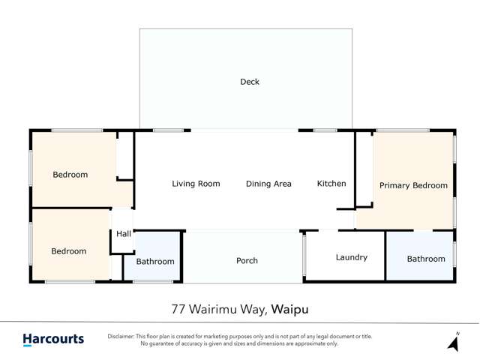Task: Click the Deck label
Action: click(250, 82)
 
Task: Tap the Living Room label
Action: click(196, 184)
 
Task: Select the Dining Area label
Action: click(268, 184)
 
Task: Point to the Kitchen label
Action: click(331, 184)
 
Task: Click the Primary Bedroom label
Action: click(413, 185)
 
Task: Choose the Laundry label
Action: click(351, 257)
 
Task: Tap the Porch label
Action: click(247, 261)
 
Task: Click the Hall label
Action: click(124, 234)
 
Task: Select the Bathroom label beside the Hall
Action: click(155, 262)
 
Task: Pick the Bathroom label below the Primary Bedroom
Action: click(426, 259)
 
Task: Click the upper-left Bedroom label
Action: click(70, 175)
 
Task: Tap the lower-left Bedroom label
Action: click(69, 251)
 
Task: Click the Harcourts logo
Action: click(53, 339)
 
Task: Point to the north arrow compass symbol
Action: click(453, 342)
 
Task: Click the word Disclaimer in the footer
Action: click(124, 336)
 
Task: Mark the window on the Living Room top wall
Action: click(169, 130)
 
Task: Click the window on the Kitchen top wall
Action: click(325, 130)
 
